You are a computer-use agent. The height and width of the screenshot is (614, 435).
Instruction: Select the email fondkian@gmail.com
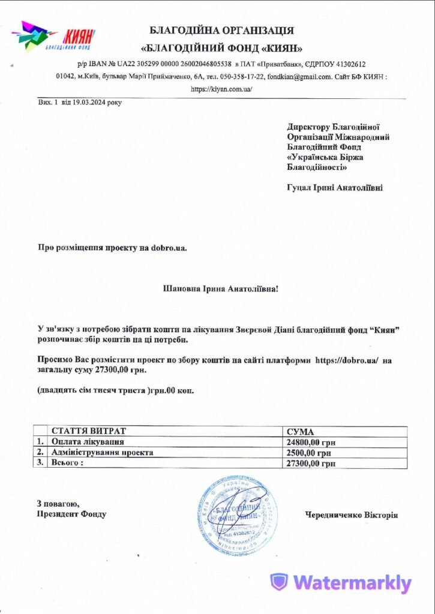click(x=299, y=76)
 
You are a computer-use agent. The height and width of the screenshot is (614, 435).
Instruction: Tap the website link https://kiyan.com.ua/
click(x=221, y=89)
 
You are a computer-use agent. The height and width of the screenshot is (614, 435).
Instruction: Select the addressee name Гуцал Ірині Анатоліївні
click(x=334, y=188)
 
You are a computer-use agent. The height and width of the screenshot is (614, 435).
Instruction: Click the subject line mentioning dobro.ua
click(x=112, y=246)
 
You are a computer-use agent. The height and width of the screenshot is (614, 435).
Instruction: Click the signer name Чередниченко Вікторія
click(x=351, y=514)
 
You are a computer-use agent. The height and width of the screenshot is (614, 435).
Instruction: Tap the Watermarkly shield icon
click(x=279, y=582)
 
